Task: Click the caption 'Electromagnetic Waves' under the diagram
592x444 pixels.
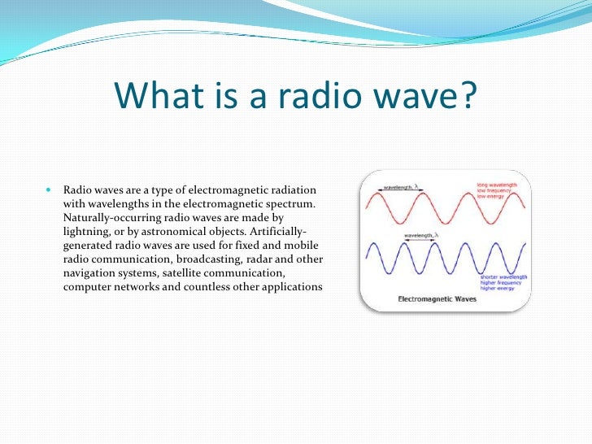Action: click(436, 299)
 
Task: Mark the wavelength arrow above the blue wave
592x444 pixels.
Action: click(420, 238)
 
